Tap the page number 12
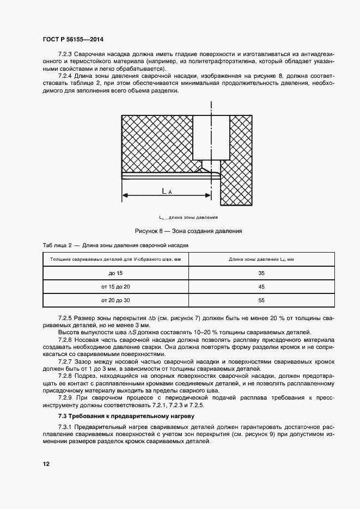coord(46,464)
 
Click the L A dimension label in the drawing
coord(167,191)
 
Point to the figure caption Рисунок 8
coord(184,231)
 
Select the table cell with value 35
coord(261,273)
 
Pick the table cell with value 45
coord(261,286)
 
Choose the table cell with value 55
coord(261,300)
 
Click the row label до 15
coord(116,273)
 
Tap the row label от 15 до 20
coord(116,286)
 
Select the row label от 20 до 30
coord(116,300)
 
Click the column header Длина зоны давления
coord(261,259)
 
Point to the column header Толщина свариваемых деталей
coord(115,259)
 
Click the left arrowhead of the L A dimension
coord(124,195)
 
